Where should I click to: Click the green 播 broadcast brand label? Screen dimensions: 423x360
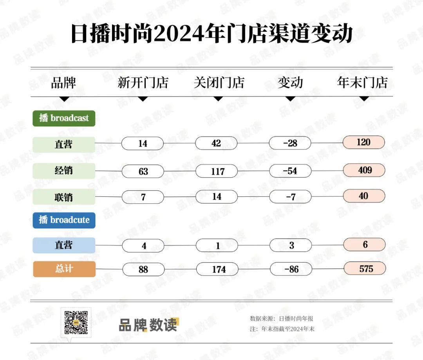(64, 118)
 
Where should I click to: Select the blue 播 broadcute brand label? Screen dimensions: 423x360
(64, 220)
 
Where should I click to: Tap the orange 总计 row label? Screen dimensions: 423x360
(64, 269)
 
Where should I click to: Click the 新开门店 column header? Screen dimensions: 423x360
(143, 83)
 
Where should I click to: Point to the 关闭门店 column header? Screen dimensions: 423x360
(219, 83)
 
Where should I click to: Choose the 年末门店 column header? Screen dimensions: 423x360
(362, 82)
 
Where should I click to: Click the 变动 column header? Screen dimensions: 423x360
(290, 83)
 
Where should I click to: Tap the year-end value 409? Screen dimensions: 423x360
(364, 170)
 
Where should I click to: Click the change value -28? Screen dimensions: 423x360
(290, 143)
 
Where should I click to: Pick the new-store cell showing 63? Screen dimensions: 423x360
(143, 171)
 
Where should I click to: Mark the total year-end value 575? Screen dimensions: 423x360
(365, 268)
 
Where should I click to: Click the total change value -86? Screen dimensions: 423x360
(291, 269)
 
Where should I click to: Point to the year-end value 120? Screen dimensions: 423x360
(364, 142)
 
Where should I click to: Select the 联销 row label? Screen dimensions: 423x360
(64, 197)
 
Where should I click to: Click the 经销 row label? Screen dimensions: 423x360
(64, 171)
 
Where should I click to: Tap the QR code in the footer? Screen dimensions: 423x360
(76, 322)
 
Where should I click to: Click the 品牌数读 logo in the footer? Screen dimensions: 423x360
(149, 325)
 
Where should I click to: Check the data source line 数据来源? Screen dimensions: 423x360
(282, 319)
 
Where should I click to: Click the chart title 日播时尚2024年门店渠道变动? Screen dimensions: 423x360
(212, 33)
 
